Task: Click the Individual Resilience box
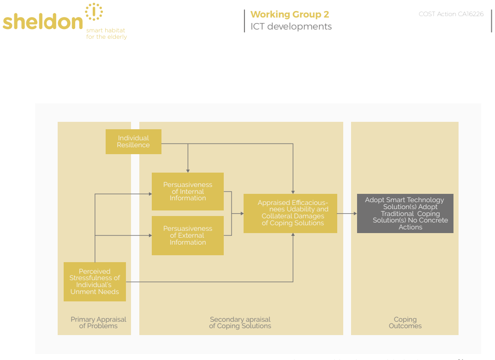[133, 142]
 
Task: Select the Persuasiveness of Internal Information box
[187, 192]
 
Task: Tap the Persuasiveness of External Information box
[187, 235]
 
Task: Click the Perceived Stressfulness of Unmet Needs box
[95, 282]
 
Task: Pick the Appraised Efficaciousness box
[290, 214]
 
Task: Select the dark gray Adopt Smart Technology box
[405, 214]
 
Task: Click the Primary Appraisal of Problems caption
[98, 323]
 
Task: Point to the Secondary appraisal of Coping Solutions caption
[240, 323]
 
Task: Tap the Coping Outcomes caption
[405, 323]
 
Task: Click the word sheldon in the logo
[42, 22]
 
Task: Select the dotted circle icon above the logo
[94, 12]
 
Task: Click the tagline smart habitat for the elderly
[107, 34]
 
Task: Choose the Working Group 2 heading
[290, 14]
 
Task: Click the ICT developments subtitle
[291, 26]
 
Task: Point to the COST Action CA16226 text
[451, 14]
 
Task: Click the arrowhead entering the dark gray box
[355, 214]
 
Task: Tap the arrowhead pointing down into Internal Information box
[188, 171]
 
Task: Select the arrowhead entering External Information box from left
[150, 235]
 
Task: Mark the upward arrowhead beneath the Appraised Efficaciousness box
[293, 235]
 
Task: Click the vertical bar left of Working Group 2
[245, 21]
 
